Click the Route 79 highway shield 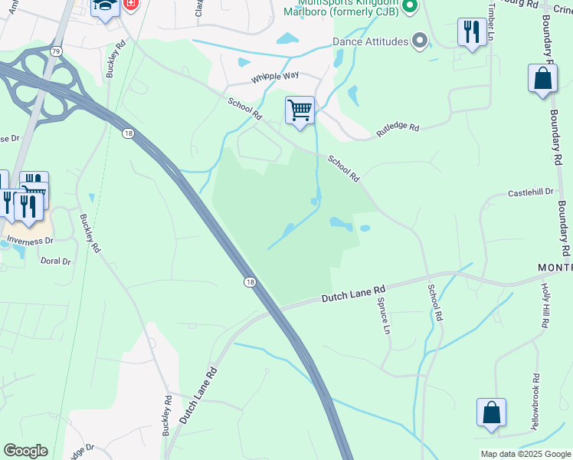pyautogui.click(x=56, y=51)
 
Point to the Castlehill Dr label pyautogui.click(x=530, y=193)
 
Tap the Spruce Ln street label pyautogui.click(x=384, y=316)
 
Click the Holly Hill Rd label pyautogui.click(x=545, y=305)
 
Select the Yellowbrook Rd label pyautogui.click(x=535, y=400)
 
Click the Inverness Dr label pyautogui.click(x=31, y=240)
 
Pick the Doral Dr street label pyautogui.click(x=55, y=261)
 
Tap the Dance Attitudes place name pyautogui.click(x=370, y=41)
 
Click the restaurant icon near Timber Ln pyautogui.click(x=470, y=32)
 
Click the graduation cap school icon pyautogui.click(x=104, y=6)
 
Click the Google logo pyautogui.click(x=25, y=451)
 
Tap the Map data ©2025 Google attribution pyautogui.click(x=526, y=454)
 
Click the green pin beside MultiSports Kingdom pyautogui.click(x=409, y=7)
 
